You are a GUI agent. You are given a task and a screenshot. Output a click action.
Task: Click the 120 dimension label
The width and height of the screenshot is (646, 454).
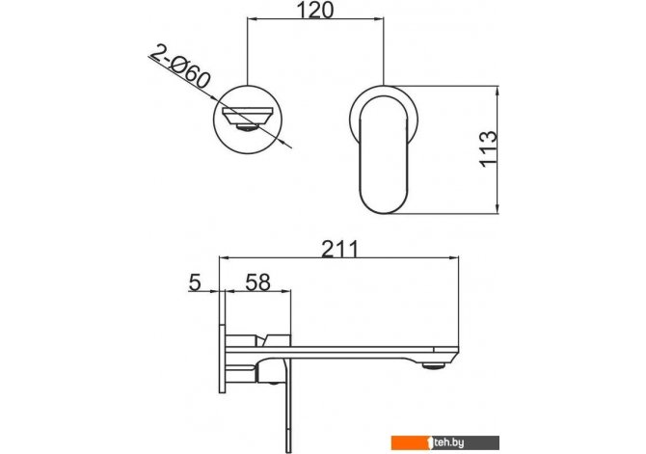coord(314,11)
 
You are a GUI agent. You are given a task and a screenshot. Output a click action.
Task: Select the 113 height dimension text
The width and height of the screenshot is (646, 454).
coord(489,148)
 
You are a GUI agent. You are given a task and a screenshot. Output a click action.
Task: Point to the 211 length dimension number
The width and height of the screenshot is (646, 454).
coord(340,249)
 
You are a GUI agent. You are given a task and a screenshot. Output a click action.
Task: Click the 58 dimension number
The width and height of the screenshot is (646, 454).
coord(257,282)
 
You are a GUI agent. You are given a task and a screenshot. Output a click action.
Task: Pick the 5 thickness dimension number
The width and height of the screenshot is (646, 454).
coord(195,282)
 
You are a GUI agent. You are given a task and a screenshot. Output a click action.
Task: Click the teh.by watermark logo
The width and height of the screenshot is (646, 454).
coord(444,442)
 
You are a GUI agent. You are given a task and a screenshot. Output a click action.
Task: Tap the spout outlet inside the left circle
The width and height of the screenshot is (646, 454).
coord(247,119)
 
